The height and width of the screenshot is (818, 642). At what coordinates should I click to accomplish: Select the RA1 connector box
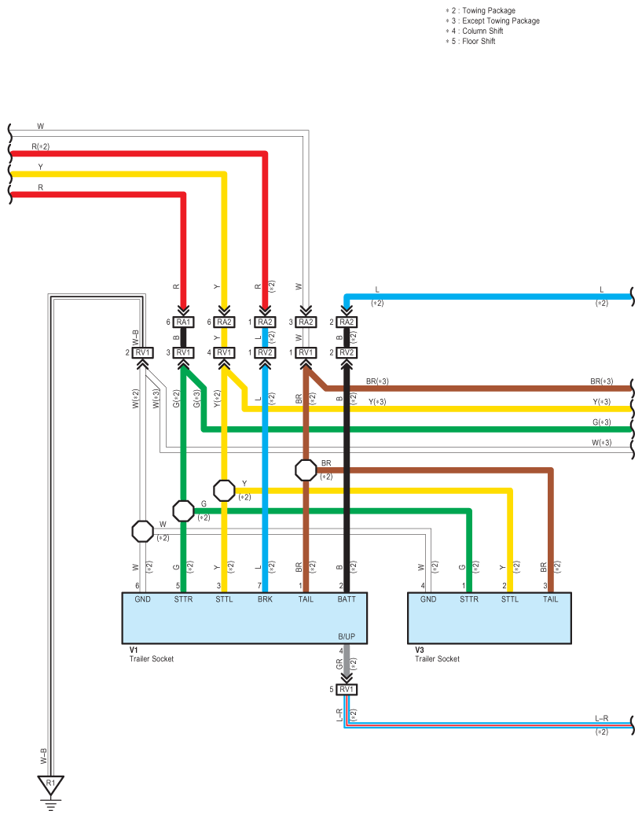click(183, 322)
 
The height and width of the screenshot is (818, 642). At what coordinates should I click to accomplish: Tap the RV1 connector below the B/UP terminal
click(347, 689)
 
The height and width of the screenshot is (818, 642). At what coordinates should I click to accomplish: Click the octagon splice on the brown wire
click(306, 470)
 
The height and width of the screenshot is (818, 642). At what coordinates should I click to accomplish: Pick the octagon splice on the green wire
click(183, 511)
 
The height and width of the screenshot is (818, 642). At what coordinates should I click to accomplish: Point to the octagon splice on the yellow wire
click(224, 490)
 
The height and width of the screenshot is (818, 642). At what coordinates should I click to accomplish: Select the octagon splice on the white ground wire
click(143, 532)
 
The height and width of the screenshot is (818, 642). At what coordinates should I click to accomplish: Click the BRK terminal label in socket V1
click(265, 599)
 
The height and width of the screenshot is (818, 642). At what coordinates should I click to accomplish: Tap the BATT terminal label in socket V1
click(347, 599)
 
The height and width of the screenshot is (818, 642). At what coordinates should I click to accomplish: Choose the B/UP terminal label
click(347, 636)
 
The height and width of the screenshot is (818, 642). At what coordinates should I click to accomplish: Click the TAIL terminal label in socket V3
click(551, 599)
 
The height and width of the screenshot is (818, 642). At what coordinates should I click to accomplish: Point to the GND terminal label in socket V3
click(428, 599)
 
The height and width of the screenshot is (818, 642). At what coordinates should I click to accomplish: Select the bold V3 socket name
click(420, 650)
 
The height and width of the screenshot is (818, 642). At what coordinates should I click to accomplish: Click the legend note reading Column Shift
click(482, 31)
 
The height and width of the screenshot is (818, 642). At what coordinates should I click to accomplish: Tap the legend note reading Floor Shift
click(479, 41)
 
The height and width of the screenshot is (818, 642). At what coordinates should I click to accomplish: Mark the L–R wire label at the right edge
click(602, 718)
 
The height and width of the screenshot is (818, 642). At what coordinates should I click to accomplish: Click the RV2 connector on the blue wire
click(265, 352)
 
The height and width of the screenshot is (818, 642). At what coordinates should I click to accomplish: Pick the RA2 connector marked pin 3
click(306, 322)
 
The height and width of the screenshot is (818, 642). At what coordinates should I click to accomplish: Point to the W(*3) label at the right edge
click(602, 443)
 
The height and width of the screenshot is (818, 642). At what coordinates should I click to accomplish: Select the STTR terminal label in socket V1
click(183, 599)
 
